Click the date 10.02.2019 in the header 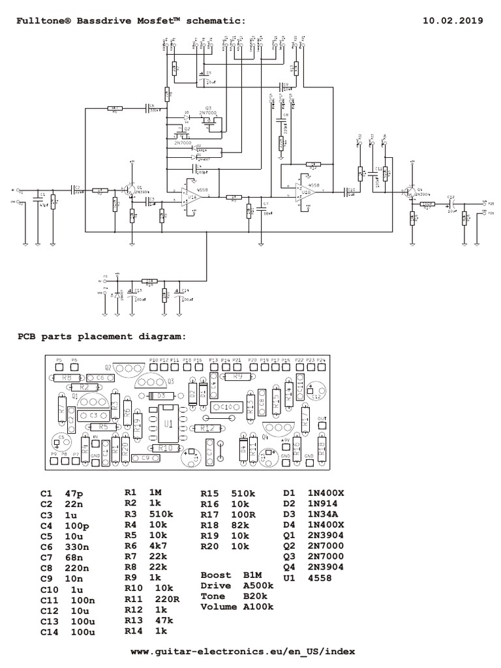pyautogui.click(x=453, y=20)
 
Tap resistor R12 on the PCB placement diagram pyautogui.click(x=208, y=428)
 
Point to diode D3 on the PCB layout pyautogui.click(x=159, y=396)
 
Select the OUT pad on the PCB pyautogui.click(x=322, y=425)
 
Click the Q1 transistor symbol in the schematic pyautogui.click(x=131, y=190)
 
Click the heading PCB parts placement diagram pyautogui.click(x=100, y=337)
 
